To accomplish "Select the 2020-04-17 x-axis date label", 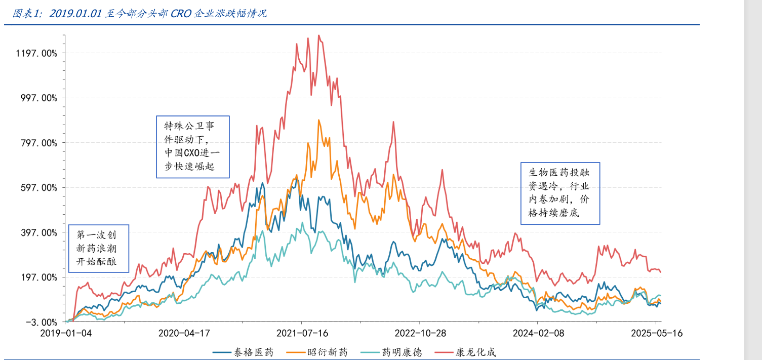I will point(183,333).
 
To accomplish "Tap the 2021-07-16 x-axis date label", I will point(302,333).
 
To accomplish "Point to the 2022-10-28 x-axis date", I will point(420,333).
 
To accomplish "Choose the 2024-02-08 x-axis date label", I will point(538,333).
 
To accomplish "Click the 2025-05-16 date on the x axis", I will point(656,333).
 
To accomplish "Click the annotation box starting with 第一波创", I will point(99,249).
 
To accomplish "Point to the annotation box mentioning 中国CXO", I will point(192,147).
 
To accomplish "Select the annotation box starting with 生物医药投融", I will point(560,193).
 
